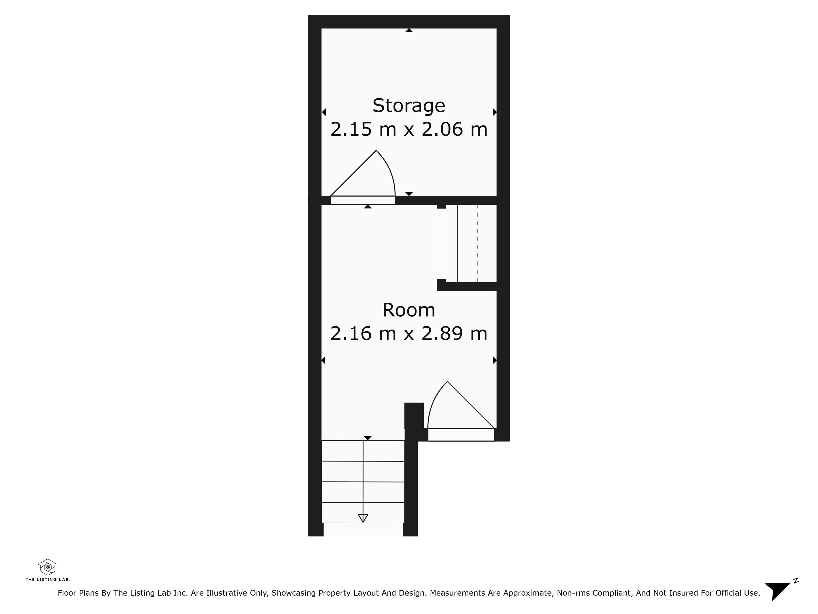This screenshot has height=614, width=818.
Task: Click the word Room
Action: pyautogui.click(x=409, y=310)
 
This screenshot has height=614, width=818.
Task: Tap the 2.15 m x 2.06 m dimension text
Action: pyautogui.click(x=409, y=130)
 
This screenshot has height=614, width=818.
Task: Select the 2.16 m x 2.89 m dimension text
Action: pyautogui.click(x=409, y=333)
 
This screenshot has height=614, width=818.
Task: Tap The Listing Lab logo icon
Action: pyautogui.click(x=48, y=567)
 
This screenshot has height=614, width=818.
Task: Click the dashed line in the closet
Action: pyautogui.click(x=477, y=243)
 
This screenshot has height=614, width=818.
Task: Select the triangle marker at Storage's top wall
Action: pyautogui.click(x=409, y=30)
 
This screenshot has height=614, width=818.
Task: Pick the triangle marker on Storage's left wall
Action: pyautogui.click(x=324, y=112)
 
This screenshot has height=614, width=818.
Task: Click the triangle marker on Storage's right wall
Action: pyautogui.click(x=495, y=112)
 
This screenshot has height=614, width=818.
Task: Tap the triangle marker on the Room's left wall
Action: pyautogui.click(x=324, y=360)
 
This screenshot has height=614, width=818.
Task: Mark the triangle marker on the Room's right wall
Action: pyautogui.click(x=495, y=360)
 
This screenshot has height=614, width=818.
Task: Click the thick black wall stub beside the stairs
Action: pyautogui.click(x=414, y=416)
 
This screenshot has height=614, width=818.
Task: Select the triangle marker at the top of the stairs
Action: pyautogui.click(x=367, y=438)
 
